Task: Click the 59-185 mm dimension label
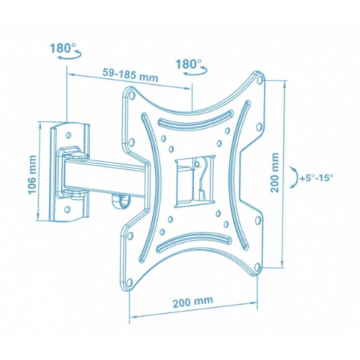click(x=130, y=75)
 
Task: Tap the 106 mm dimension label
click(x=32, y=174)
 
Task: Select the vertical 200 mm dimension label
click(x=275, y=172)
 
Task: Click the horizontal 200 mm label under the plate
click(x=193, y=302)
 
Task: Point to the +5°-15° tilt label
click(x=317, y=178)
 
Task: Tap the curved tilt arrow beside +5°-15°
click(x=294, y=177)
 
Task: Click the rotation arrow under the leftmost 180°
click(x=70, y=55)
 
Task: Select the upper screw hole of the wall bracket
click(x=69, y=135)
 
